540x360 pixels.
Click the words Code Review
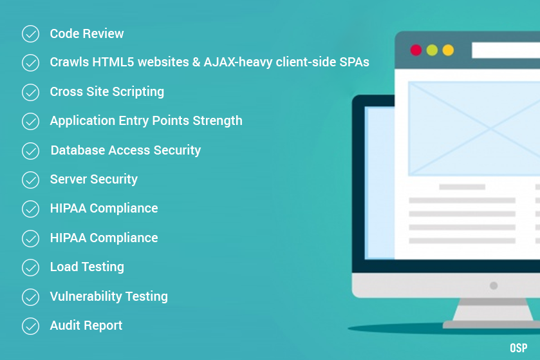pos(87,33)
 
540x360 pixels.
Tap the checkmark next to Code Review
pos(31,33)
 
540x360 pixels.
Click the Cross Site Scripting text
pos(107,92)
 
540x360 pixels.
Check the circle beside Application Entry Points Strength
pos(31,121)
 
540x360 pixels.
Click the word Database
pos(78,150)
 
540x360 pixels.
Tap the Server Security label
pos(94,180)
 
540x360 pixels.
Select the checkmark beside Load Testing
pos(31,268)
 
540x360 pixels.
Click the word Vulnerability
pos(86,296)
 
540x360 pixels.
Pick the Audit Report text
pos(86,326)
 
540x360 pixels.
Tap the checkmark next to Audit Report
pos(31,327)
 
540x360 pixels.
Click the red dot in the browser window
pos(416,50)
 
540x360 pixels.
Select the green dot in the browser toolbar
pos(432,50)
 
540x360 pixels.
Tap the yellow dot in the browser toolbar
pos(448,50)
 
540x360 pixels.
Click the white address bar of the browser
pos(506,50)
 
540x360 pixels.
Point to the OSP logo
pos(519,348)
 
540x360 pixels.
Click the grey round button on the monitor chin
pos(494,285)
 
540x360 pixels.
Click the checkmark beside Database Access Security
pos(31,151)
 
